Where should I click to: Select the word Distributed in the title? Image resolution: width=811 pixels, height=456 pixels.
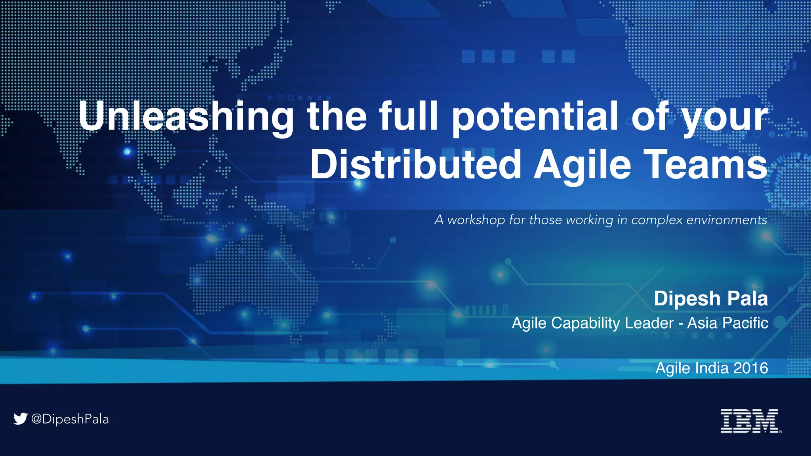click(415, 164)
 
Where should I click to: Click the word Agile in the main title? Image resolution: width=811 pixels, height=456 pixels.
click(582, 164)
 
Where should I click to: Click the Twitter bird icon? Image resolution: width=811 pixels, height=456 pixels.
click(20, 418)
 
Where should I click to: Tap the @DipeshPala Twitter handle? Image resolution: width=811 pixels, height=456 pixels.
click(70, 419)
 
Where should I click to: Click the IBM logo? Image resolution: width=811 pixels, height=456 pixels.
click(750, 421)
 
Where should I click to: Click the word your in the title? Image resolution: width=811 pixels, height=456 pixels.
click(724, 118)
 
